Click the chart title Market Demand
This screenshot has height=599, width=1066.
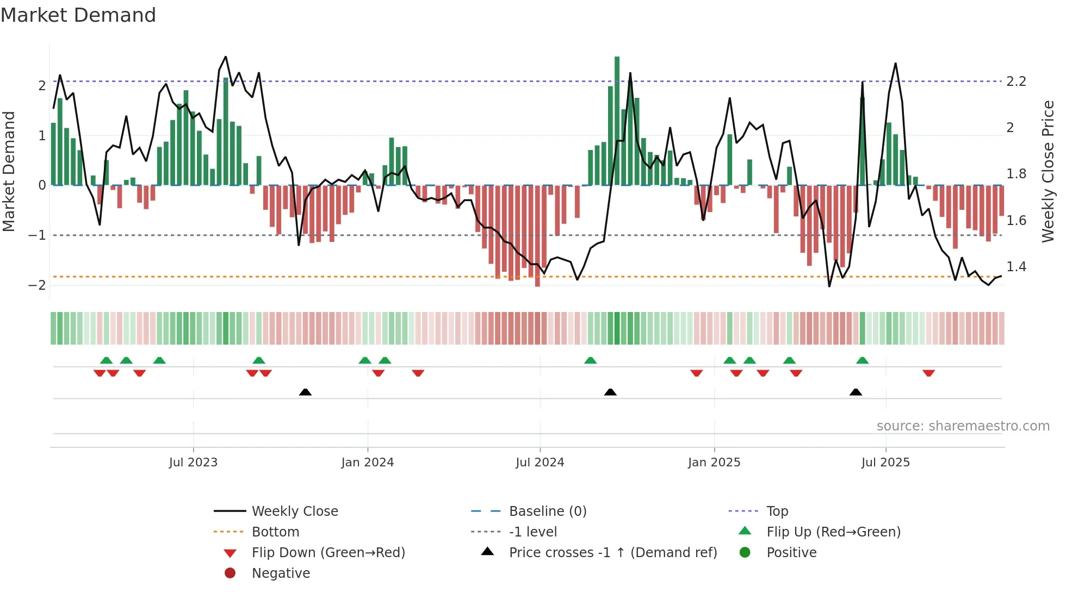point(78,15)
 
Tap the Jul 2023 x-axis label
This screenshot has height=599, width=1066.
point(193,463)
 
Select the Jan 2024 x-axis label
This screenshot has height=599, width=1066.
point(367,463)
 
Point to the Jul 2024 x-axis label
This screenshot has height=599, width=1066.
point(540,463)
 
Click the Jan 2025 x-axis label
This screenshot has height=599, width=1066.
point(714,463)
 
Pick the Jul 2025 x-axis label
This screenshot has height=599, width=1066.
point(885,463)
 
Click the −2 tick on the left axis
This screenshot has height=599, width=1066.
point(37,285)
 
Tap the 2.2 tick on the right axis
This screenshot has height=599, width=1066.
point(1016,82)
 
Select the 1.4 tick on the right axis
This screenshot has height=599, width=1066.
point(1016,267)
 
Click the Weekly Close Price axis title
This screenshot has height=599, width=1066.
point(1048,171)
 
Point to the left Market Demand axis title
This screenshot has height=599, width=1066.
point(9,171)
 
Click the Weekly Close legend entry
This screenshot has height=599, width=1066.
point(294,511)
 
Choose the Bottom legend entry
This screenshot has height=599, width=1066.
point(275,532)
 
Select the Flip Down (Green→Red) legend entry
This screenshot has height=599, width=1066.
point(328,553)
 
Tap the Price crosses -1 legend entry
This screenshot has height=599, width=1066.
point(612,553)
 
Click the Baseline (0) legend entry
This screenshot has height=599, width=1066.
point(547,511)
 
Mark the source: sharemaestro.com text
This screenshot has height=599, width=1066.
point(963,426)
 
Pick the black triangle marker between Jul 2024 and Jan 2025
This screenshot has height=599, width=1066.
point(610,392)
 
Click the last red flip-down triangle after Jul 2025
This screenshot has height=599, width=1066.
point(928,373)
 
